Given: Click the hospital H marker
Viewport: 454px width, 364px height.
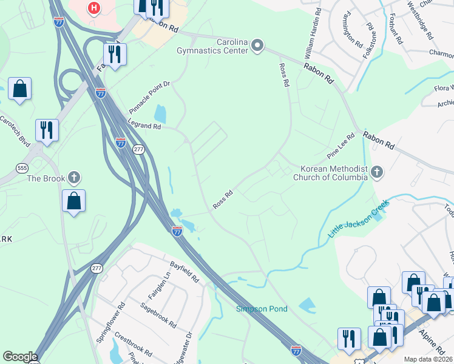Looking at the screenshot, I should (x=93, y=8).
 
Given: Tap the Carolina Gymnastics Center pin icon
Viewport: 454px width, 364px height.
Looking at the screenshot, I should (x=257, y=44).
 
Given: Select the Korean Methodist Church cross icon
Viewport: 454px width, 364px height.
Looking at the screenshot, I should (x=377, y=172).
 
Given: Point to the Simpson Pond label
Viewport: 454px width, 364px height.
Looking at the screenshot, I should (x=262, y=309).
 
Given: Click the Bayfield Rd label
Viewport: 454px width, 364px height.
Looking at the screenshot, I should (x=185, y=271).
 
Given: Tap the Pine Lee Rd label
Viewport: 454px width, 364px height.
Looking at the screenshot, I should (x=341, y=147).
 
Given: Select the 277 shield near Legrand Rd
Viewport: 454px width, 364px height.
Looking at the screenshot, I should (x=139, y=149).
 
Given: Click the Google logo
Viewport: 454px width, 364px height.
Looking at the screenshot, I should (x=20, y=357).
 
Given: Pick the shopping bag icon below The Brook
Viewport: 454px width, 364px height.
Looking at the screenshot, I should (x=73, y=201).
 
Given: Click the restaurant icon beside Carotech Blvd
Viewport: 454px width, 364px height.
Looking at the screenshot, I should (x=46, y=129).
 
